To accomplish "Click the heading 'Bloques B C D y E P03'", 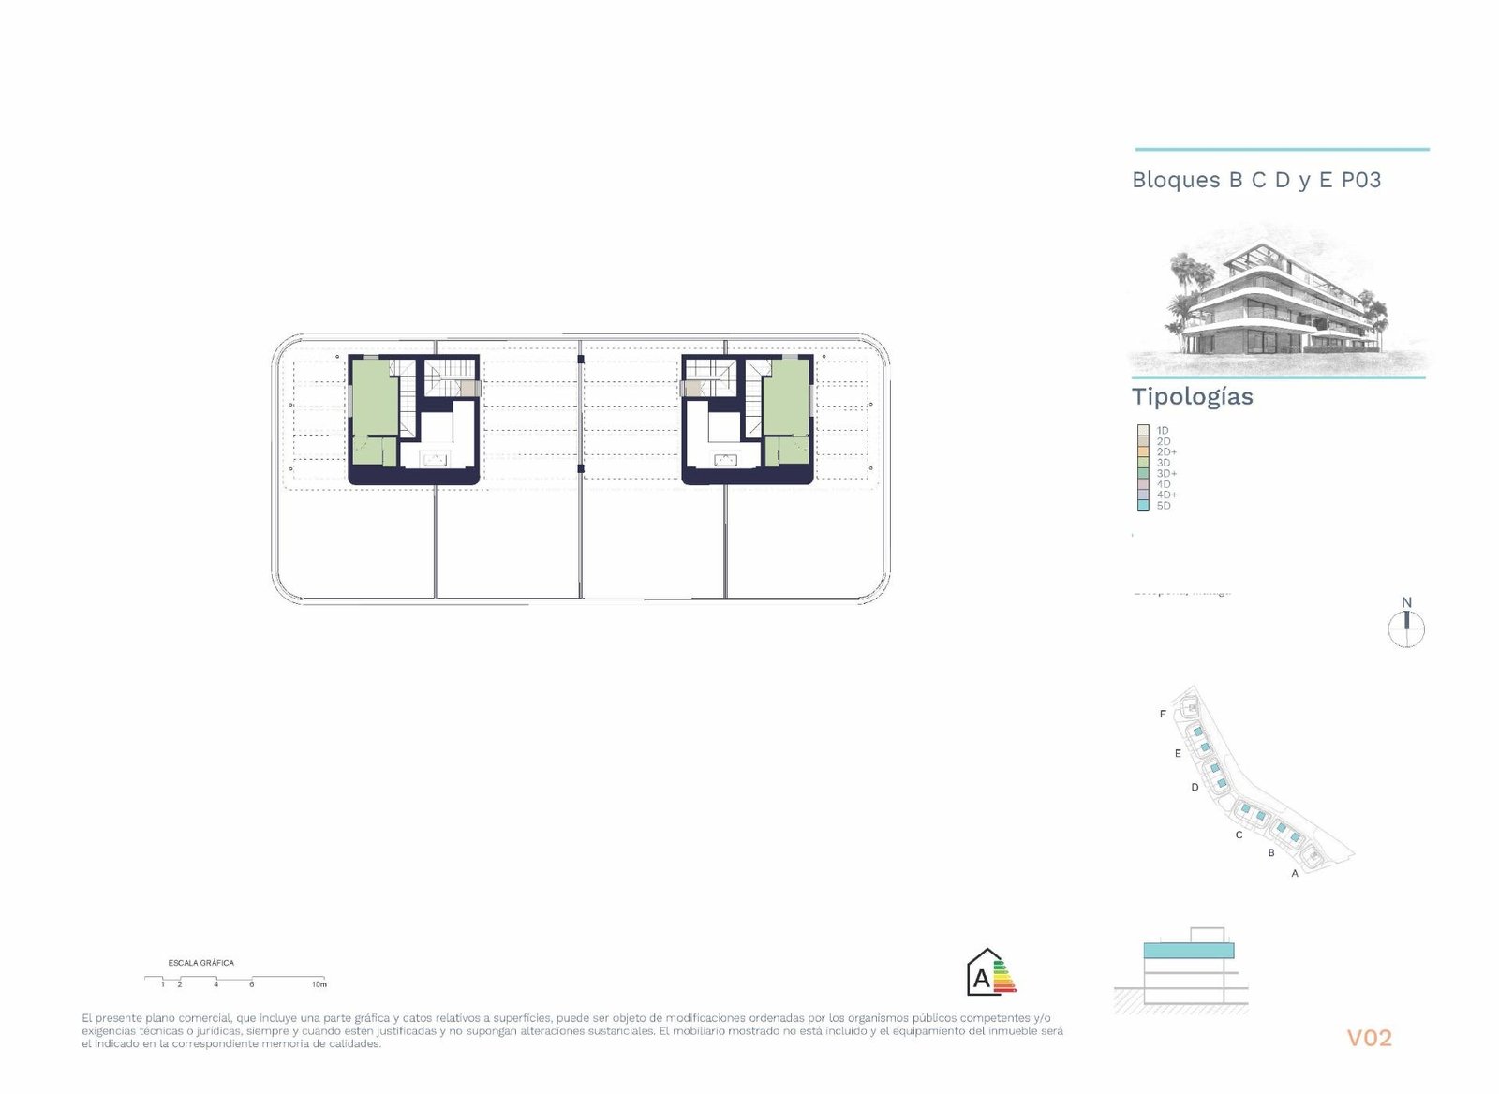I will click(1256, 180).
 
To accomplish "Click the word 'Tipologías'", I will click(1192, 396).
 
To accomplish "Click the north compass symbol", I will click(1406, 628).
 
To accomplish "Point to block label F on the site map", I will click(1164, 715).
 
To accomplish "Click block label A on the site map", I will click(1295, 874).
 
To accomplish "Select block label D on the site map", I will click(1195, 788).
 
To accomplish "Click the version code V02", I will click(1369, 1038).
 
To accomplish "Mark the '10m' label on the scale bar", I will click(319, 984).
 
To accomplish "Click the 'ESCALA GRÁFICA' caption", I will click(201, 963).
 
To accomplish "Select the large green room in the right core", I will click(786, 399).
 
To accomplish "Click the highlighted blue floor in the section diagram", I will click(1188, 951).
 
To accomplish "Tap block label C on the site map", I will click(1239, 835).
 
